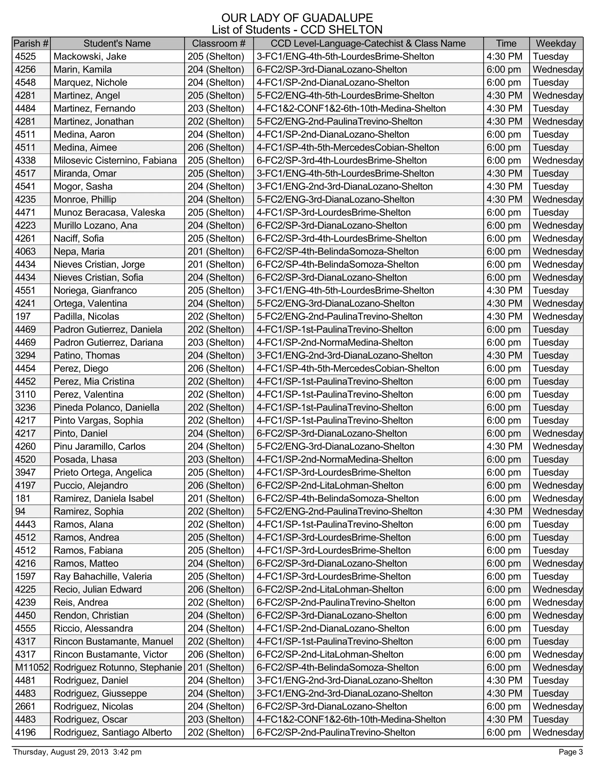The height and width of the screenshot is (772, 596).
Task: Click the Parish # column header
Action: (x=31, y=43)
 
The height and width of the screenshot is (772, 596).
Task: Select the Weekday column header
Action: (x=556, y=43)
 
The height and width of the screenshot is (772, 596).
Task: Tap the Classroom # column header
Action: (x=219, y=43)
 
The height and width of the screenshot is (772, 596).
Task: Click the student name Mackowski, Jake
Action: (x=90, y=57)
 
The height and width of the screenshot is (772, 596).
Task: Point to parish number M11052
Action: (x=32, y=667)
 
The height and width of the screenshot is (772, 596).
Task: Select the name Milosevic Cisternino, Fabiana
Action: (x=115, y=161)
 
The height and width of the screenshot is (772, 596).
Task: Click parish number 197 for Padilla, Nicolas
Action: (x=23, y=316)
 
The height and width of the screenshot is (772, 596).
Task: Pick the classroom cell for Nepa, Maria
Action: (x=216, y=251)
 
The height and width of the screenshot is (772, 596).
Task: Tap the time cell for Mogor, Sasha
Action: (x=504, y=186)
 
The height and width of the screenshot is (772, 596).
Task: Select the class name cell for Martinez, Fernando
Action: (x=351, y=109)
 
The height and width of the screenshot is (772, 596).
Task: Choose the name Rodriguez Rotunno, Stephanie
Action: (x=118, y=667)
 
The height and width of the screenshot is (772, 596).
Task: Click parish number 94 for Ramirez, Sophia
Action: (x=20, y=512)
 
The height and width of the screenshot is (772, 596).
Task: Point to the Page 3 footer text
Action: (x=571, y=752)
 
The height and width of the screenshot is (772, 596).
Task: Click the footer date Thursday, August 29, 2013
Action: (x=61, y=752)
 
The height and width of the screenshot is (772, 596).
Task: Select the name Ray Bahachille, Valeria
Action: (x=103, y=577)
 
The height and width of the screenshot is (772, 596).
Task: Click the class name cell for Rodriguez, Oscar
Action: (x=351, y=719)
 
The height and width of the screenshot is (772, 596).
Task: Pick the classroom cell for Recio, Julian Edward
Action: (x=216, y=589)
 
